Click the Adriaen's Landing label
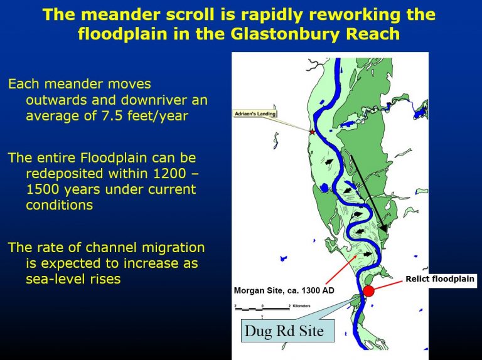coord(255,114)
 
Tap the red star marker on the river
coord(313,132)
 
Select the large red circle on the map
coord(368,290)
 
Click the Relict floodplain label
coord(440,279)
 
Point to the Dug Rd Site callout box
coord(287,331)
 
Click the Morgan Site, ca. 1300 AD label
coord(284,290)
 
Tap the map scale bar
coord(262,308)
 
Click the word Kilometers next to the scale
coord(301,306)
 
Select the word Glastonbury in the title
coord(286,34)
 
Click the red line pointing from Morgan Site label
coord(341,269)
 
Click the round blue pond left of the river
coord(324,188)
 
